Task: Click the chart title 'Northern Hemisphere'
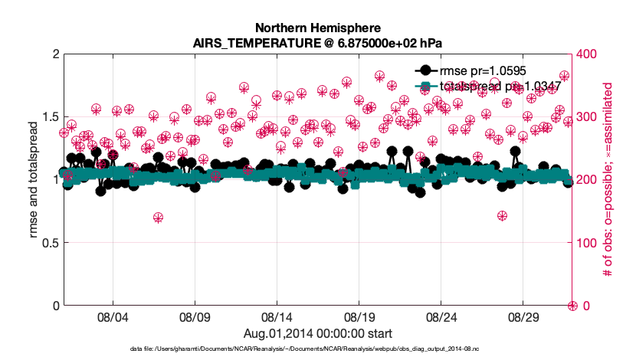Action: pos(318,28)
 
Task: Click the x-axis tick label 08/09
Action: pos(195,316)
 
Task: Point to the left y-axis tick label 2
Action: pos(55,54)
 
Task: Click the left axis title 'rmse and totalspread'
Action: pos(34,180)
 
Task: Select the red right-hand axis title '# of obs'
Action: pos(608,180)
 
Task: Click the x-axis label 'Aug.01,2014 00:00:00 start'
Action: pos(318,333)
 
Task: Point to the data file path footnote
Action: pos(318,349)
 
